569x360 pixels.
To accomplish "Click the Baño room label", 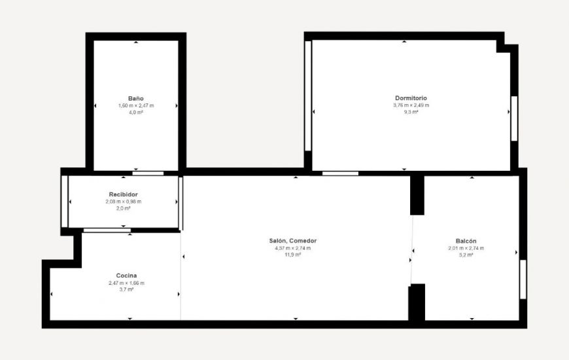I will click(x=136, y=98).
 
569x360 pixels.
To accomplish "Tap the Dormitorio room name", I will click(x=411, y=98).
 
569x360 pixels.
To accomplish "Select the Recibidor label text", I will click(x=123, y=194).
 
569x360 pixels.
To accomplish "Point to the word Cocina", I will click(x=126, y=276).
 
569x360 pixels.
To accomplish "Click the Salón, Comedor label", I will click(x=292, y=241).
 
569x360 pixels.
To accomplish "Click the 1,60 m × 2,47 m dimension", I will click(x=136, y=105).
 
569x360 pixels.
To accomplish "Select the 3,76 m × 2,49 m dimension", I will click(x=411, y=105).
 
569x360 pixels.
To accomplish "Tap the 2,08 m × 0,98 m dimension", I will click(x=123, y=202).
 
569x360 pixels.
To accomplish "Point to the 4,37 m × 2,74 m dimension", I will click(x=292, y=248).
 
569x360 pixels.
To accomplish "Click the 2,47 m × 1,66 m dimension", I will click(x=126, y=283).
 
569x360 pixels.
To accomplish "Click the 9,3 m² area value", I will click(x=411, y=112).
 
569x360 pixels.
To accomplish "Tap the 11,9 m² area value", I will click(x=292, y=255).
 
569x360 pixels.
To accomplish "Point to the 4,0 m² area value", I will click(x=136, y=112).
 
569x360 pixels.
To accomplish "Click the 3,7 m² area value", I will click(x=126, y=289).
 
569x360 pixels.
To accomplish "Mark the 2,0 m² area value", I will click(x=123, y=208).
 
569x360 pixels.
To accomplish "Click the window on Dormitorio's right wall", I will click(x=514, y=118).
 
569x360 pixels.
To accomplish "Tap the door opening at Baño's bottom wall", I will click(x=148, y=173).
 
